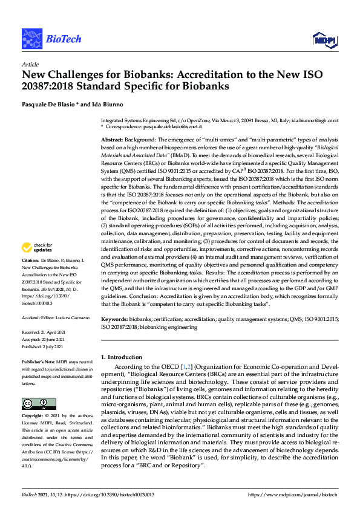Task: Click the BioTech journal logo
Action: coord(43,39)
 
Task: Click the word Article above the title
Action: coord(30,65)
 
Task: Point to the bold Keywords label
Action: coord(114,319)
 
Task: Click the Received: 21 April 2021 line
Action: coord(44,332)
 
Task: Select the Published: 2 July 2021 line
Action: coord(44,347)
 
